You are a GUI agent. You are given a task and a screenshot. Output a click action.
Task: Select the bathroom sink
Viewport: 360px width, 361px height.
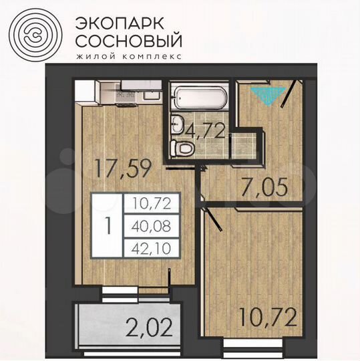(178, 123)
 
